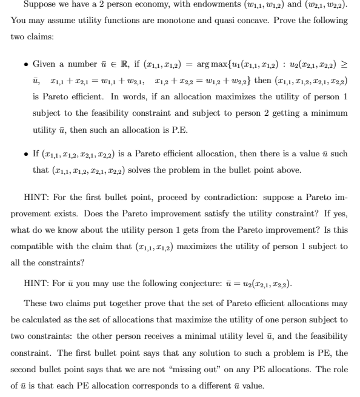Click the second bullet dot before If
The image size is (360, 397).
coord(25,154)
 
